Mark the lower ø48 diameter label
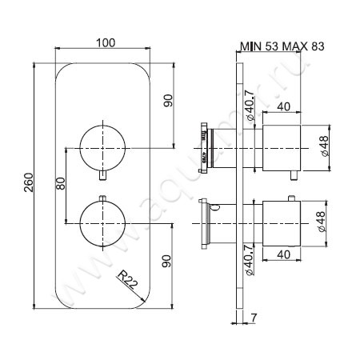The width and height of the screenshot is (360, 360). [x=323, y=218]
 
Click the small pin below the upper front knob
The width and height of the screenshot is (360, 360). [x=104, y=177]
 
